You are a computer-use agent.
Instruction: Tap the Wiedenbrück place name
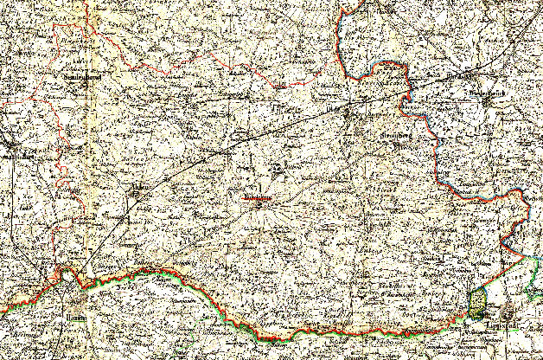487,89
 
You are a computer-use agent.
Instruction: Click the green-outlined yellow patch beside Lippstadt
477,302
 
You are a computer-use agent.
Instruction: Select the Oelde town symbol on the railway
348,111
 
